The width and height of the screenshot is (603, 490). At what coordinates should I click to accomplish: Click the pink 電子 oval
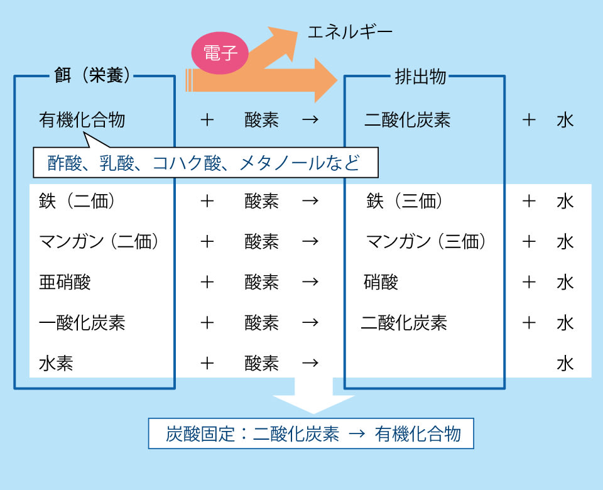click(220, 53)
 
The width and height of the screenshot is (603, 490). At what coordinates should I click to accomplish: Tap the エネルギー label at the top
click(350, 31)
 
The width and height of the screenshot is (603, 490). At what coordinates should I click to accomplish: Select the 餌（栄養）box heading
click(93, 77)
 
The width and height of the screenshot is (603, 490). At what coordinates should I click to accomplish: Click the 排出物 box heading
click(420, 77)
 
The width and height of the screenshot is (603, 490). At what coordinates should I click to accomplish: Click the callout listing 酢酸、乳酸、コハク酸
click(205, 163)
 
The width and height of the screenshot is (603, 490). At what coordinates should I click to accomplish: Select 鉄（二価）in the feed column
click(77, 201)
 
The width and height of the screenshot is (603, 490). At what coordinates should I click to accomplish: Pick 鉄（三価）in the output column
click(405, 201)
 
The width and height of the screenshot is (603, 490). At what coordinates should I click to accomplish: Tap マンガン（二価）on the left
click(98, 242)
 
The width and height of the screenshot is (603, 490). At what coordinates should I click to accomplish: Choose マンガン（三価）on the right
click(426, 242)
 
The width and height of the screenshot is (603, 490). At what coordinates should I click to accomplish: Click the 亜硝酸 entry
click(65, 282)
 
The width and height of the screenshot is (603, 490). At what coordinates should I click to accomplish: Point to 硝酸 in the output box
click(381, 282)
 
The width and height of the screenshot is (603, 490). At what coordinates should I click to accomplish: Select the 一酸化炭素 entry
click(82, 323)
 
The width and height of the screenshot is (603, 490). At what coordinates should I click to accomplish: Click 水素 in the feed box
click(56, 363)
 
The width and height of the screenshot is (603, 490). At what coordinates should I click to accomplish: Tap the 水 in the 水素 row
click(565, 363)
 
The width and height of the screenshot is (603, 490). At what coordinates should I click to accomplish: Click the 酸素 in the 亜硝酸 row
click(261, 282)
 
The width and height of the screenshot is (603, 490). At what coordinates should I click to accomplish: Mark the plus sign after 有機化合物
click(207, 119)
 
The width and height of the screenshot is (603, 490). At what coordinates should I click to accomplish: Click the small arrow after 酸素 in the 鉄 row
click(310, 201)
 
